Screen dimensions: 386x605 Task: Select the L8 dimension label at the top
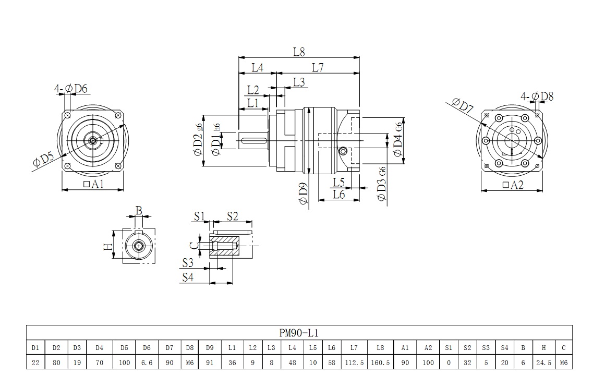pos(299,52)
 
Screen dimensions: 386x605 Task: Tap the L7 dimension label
pos(318,67)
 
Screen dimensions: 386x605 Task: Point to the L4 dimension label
pos(257,67)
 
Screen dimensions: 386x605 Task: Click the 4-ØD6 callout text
pos(71,89)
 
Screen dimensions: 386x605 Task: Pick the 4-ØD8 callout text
pos(537,96)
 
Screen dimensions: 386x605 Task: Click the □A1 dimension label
pos(94,184)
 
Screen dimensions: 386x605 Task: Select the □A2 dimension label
pos(513,185)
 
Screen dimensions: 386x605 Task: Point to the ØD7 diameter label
pos(463,106)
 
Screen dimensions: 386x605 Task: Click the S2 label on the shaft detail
pos(232,216)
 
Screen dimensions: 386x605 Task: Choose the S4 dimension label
pos(188,278)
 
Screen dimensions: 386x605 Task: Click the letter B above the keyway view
pos(139,210)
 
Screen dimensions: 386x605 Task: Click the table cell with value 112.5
pos(354,362)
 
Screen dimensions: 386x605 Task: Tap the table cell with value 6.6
pos(147,362)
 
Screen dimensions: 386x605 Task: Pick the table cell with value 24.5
pos(544,362)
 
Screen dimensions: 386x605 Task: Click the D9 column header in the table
pos(210,347)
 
